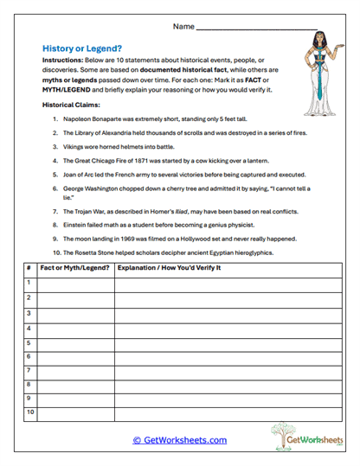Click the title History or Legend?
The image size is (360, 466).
82,49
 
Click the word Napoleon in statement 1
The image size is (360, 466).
78,118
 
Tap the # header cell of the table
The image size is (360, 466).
28,268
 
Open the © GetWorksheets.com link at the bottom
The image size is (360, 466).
179,440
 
